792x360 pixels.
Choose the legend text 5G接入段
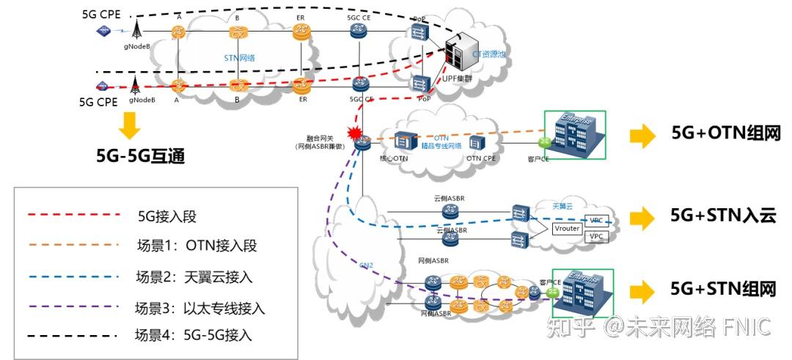point(167,216)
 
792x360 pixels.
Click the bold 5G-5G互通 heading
point(130,156)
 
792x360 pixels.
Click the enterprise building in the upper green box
point(574,135)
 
